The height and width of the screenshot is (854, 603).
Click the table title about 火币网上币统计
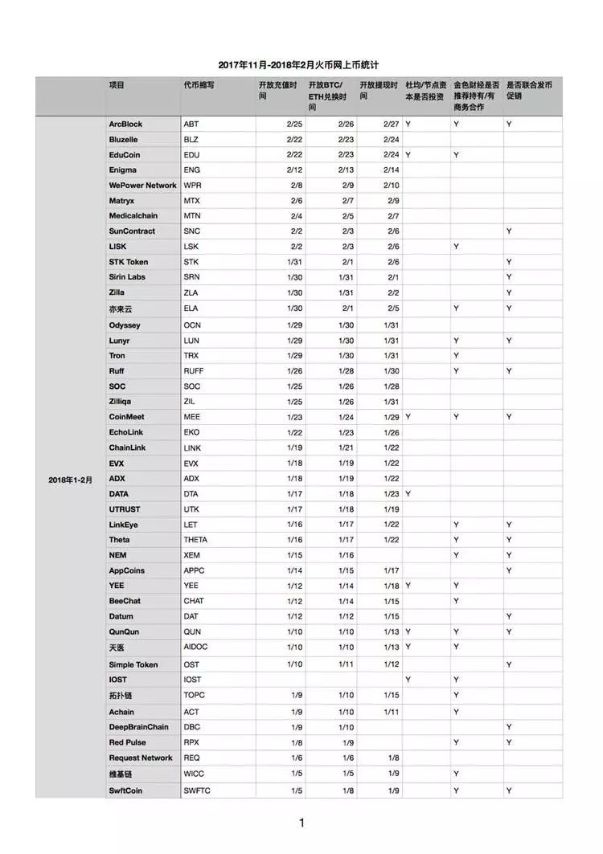(x=300, y=64)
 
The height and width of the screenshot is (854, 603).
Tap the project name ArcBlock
(x=125, y=125)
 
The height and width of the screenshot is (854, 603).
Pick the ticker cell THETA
(x=195, y=540)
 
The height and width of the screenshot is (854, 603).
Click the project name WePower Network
(x=143, y=186)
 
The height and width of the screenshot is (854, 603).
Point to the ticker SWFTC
(x=198, y=791)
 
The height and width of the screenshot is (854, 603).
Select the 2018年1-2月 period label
(x=71, y=480)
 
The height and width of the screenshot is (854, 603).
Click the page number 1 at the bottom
(x=301, y=823)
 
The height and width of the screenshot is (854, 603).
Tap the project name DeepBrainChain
(x=139, y=727)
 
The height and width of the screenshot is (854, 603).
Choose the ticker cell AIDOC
(x=197, y=648)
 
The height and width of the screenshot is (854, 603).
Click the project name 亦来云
(x=121, y=309)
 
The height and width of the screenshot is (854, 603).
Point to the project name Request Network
(x=141, y=758)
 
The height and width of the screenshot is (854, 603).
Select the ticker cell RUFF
(x=195, y=371)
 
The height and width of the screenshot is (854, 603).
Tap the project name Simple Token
(x=133, y=665)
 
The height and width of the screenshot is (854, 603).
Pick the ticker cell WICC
(x=195, y=774)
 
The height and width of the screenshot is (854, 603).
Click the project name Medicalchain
(x=133, y=216)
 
